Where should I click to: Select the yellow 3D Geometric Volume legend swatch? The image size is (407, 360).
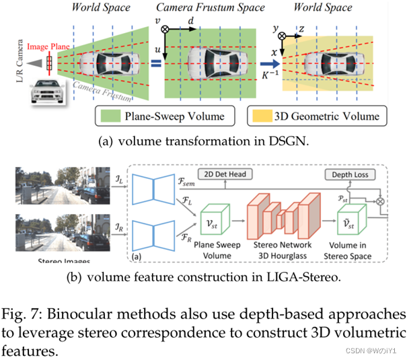click(260, 116)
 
